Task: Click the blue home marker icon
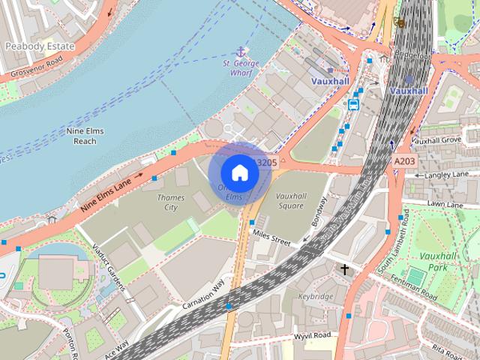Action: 239,172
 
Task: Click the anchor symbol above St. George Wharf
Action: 241,52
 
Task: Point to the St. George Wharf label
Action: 241,68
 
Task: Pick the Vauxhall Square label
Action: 290,200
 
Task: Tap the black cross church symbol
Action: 345,268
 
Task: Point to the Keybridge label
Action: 315,297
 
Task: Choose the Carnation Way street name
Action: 203,295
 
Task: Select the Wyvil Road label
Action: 312,335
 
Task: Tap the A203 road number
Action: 404,161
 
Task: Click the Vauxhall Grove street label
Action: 436,140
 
